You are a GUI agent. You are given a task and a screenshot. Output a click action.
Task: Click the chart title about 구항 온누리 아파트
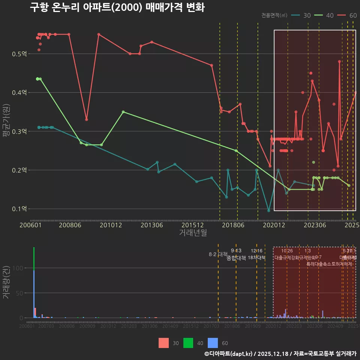tap(117, 7)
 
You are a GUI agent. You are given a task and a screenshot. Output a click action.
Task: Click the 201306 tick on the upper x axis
tap(151, 225)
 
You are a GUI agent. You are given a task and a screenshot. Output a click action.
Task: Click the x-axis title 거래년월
tap(193, 232)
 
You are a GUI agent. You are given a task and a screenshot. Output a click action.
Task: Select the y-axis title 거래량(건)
tap(6, 282)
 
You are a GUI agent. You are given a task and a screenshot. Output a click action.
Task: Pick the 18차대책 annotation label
tap(256, 258)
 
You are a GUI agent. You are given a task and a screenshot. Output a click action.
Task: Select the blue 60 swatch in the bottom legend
tap(213, 343)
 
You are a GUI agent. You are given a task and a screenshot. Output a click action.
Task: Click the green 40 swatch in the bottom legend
tap(188, 343)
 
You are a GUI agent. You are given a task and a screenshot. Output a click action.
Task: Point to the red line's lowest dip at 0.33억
tap(86, 119)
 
